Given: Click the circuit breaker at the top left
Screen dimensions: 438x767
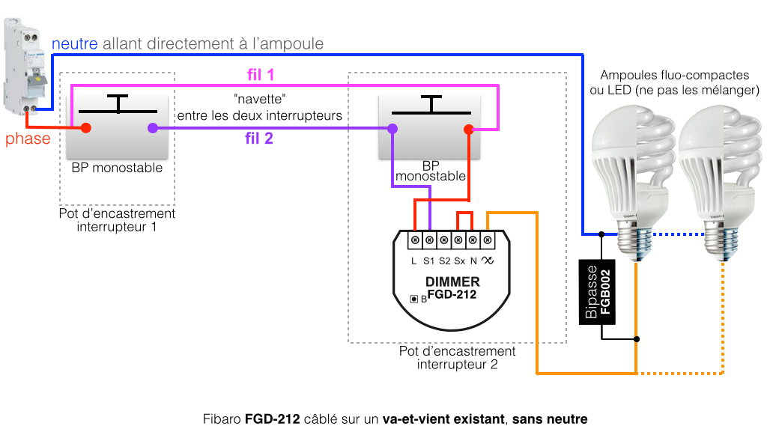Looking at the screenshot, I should coord(28,67).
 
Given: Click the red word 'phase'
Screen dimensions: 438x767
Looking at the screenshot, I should coord(28,139).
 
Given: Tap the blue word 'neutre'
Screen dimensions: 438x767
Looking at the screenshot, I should coord(75,44).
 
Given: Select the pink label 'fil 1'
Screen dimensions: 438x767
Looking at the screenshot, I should coord(260,74).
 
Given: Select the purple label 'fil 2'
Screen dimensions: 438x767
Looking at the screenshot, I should coord(259,139).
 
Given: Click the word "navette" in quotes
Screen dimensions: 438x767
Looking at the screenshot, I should coord(259,100).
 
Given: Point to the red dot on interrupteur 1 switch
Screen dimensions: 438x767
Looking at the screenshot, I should coord(86,128).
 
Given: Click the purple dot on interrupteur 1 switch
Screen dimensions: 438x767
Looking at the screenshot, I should coord(153,128).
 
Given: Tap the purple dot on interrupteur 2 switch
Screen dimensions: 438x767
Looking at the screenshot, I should coord(392,129).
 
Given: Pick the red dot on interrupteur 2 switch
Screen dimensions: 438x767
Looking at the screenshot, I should coord(468,129).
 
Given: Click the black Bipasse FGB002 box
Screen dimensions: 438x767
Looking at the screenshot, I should coord(598,292).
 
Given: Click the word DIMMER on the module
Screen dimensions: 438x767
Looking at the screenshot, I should coord(452,282).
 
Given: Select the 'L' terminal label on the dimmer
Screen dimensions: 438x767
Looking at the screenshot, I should coord(414,261).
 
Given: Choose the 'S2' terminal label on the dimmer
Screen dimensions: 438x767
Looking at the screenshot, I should coord(443,261).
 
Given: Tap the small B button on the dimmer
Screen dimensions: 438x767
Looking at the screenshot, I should coord(413,299).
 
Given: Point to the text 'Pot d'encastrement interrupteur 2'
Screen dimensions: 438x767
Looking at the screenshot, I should coord(457,358).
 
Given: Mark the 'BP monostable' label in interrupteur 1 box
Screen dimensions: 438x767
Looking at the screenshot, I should coord(117,168).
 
